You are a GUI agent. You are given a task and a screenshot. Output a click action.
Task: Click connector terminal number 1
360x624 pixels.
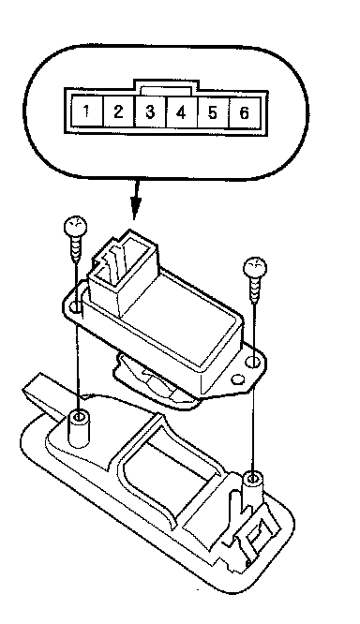pyautogui.click(x=86, y=111)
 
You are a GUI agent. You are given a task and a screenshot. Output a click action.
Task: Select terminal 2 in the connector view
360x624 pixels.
pyautogui.click(x=118, y=111)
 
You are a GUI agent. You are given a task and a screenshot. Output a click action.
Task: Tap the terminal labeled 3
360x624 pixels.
pyautogui.click(x=150, y=111)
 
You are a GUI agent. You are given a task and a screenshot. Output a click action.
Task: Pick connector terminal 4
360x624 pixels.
pyautogui.click(x=181, y=112)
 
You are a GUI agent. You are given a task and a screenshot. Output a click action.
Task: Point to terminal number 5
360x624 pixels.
pyautogui.click(x=213, y=112)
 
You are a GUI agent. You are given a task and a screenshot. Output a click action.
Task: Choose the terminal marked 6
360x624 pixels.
pyautogui.click(x=244, y=113)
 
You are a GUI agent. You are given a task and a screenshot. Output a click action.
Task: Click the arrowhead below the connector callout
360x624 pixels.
pyautogui.click(x=136, y=208)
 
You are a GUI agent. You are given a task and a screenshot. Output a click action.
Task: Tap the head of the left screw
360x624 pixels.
pyautogui.click(x=75, y=227)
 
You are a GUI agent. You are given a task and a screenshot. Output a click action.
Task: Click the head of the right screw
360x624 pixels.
pyautogui.click(x=255, y=267)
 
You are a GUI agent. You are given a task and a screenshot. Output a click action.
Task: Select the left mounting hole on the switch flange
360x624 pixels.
pyautogui.click(x=74, y=307)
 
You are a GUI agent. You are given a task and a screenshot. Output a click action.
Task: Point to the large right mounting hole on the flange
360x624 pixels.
pyautogui.click(x=252, y=363)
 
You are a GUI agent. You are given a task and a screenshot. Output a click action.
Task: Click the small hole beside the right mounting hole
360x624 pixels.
pyautogui.click(x=237, y=379)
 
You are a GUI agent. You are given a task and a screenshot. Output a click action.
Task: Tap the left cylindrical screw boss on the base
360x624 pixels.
pyautogui.click(x=79, y=431)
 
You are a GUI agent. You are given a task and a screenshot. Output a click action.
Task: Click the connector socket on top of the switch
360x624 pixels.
pyautogui.click(x=122, y=271)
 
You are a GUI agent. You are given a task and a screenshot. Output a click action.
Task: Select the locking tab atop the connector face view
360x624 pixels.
pyautogui.click(x=166, y=87)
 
